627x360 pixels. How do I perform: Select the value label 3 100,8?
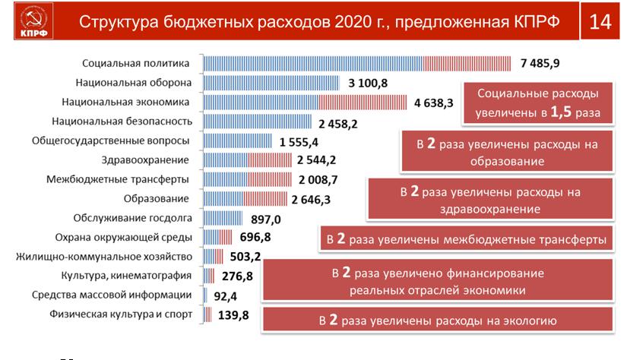(366, 82)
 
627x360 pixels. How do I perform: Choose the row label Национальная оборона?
(134, 82)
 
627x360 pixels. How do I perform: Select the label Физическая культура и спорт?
(121, 314)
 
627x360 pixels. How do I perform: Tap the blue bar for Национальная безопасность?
(258, 121)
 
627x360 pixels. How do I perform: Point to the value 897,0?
(265, 219)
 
